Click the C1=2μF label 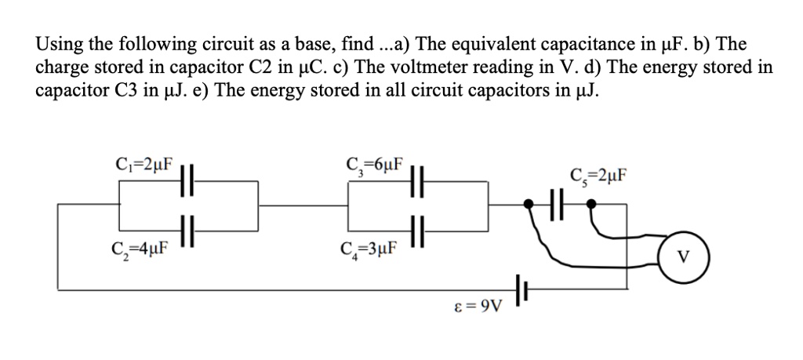pyautogui.click(x=141, y=166)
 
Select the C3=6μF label pyautogui.click(x=375, y=166)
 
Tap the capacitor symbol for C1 pyautogui.click(x=187, y=180)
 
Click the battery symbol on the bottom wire pyautogui.click(x=521, y=289)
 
